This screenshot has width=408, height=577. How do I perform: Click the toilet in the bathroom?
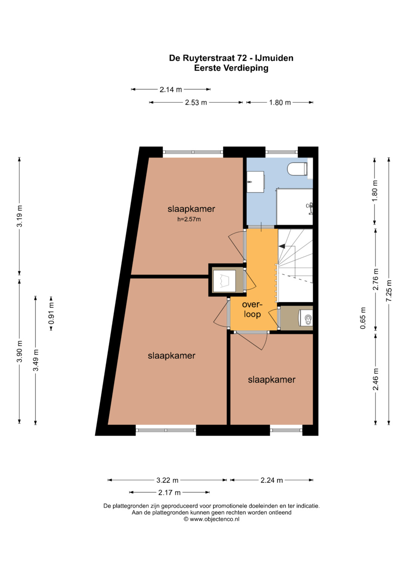click(298, 169)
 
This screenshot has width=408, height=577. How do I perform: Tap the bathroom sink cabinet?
click(255, 182)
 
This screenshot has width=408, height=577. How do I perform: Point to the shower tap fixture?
click(310, 207)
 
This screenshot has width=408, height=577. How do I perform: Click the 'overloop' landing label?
click(252, 309)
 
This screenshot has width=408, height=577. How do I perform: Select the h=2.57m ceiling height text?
click(189, 220)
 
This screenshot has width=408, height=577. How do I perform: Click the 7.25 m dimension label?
click(389, 291)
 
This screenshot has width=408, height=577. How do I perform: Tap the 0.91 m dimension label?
click(51, 313)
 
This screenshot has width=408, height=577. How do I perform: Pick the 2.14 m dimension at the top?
click(171, 90)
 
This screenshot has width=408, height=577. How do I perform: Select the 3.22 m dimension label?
click(167, 480)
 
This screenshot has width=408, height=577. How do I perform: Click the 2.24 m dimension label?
click(272, 480)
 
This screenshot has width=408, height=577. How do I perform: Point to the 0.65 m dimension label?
click(363, 318)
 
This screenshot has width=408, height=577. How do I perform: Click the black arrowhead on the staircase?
click(282, 246)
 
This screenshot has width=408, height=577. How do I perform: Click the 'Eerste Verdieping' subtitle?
click(231, 68)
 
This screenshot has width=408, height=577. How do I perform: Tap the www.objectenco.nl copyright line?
click(212, 519)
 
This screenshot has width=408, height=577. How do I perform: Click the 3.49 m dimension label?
click(36, 360)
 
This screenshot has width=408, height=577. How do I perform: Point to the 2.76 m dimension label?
click(376, 279)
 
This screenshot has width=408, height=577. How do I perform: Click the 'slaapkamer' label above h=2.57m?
click(191, 209)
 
